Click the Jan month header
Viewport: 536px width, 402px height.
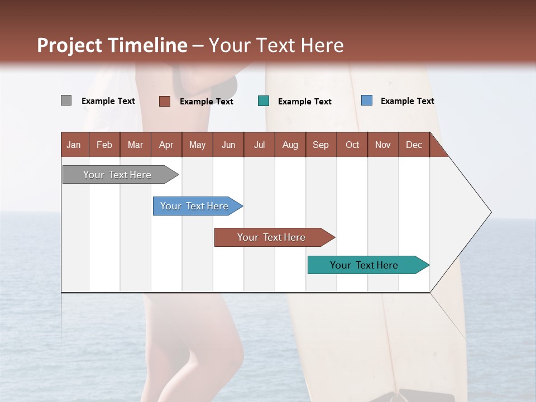point(74,145)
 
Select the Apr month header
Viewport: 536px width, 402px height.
point(166,145)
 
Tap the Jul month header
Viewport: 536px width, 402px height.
point(259,145)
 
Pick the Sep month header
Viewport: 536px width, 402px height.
point(320,145)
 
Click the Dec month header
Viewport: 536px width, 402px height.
point(414,145)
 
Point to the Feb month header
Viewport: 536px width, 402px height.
point(104,145)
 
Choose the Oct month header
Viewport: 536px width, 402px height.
point(352,145)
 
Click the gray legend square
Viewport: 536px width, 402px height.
point(66,100)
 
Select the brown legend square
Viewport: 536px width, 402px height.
point(164,101)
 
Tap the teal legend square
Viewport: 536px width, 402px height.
point(264,101)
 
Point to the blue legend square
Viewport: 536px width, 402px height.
point(366,100)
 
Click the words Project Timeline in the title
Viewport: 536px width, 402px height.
point(112,45)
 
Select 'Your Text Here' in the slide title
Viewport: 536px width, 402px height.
point(276,45)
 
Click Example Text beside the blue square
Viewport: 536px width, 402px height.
point(407,100)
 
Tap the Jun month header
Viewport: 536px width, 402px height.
point(228,145)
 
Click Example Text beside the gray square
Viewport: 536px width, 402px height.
point(108,100)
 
